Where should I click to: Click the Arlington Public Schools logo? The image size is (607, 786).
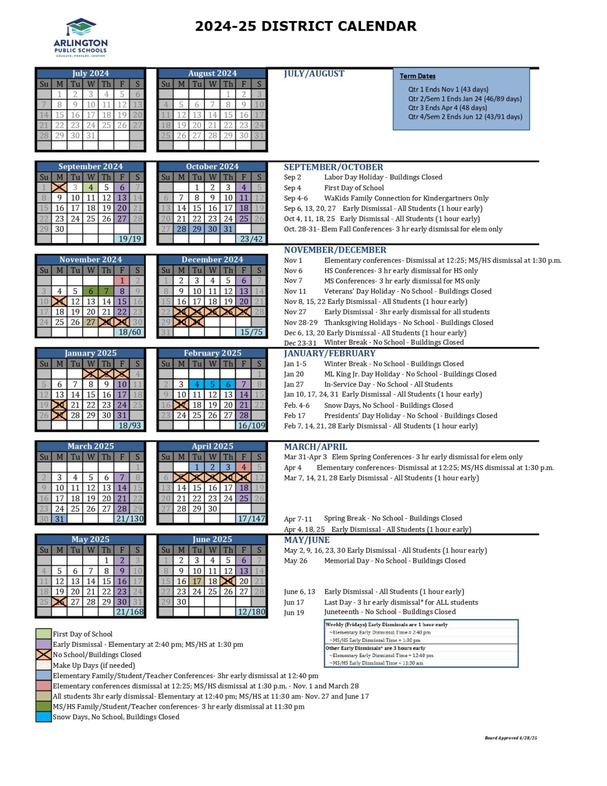tap(81, 38)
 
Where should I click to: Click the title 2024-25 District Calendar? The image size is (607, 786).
tap(306, 26)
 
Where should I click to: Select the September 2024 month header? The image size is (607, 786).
tap(91, 167)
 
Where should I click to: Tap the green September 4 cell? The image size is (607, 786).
tap(91, 188)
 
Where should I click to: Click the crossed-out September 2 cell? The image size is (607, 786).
tap(59, 188)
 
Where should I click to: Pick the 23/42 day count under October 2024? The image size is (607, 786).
tap(251, 239)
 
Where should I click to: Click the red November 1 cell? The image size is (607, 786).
tap(122, 280)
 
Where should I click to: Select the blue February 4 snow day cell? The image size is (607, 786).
tap(197, 384)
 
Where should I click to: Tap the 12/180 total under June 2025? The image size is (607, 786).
tap(251, 612)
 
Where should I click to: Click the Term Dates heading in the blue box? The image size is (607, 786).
tap(417, 76)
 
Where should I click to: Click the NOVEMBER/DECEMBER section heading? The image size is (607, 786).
tap(335, 250)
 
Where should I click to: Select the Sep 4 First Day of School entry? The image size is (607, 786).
tap(334, 188)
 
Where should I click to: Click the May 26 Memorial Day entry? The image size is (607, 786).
tap(375, 561)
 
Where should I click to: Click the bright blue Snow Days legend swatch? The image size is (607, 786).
tap(43, 717)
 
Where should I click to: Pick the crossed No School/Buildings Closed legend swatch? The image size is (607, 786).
tap(43, 654)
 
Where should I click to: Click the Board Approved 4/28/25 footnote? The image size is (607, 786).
tap(510, 738)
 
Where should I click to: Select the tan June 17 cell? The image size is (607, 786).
tap(197, 581)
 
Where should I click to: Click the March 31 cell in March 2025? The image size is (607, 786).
tap(59, 519)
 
